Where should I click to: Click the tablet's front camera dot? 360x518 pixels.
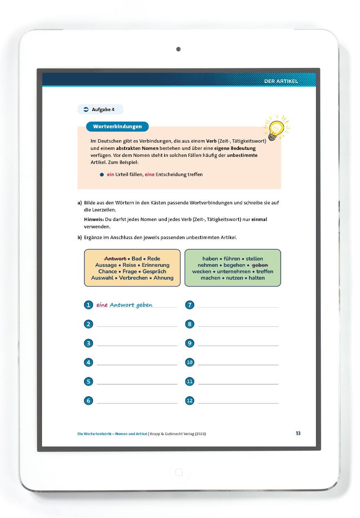point(178,49)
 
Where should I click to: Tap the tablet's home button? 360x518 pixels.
point(179,473)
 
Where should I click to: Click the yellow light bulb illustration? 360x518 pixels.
point(276,128)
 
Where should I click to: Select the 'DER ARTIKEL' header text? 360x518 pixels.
point(281,81)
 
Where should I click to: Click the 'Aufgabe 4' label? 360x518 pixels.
point(100,109)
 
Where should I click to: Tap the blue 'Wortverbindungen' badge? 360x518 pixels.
point(117,127)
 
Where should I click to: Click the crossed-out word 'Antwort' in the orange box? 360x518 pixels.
point(115,259)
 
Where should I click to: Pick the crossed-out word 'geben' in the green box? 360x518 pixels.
point(260,265)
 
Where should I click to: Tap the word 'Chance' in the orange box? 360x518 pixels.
point(108,272)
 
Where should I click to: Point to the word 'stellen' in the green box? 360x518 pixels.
point(254,259)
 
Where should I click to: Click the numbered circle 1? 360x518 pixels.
point(89,305)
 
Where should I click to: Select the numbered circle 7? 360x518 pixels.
point(189,305)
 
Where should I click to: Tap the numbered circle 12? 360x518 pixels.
point(189,401)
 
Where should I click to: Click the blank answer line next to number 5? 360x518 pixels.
point(137,381)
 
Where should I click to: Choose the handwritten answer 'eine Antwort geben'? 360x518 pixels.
point(124,305)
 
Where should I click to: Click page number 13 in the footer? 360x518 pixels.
point(298,433)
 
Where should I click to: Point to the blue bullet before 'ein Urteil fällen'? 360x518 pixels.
point(102,174)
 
